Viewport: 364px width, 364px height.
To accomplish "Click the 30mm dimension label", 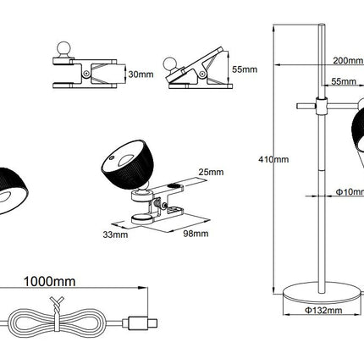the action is click(x=141, y=74).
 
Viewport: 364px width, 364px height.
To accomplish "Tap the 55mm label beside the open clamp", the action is click(x=245, y=69).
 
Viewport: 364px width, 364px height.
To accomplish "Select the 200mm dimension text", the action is click(x=348, y=60).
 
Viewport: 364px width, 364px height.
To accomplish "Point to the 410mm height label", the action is click(x=273, y=159).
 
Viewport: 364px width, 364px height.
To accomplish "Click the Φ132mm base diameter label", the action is click(x=323, y=311).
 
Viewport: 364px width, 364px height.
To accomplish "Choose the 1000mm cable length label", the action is click(x=50, y=282).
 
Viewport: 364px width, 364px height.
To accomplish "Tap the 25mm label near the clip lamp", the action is click(x=211, y=172).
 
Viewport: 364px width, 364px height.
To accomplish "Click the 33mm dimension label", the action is click(x=115, y=234).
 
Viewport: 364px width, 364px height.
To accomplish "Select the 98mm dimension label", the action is click(x=196, y=234).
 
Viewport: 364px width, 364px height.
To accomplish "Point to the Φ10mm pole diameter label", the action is click(x=350, y=192).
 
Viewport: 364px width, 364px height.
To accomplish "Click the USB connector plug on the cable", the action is click(x=140, y=323).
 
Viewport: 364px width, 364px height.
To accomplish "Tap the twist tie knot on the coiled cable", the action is click(x=57, y=306).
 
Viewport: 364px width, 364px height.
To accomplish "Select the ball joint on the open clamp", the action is click(x=170, y=64).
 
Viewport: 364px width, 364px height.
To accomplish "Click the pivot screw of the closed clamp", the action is click(x=86, y=74).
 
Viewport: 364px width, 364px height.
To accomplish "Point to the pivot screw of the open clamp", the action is click(x=201, y=74).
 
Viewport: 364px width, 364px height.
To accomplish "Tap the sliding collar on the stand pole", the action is click(x=322, y=106).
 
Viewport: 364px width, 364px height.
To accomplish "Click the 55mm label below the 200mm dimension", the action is click(x=344, y=81).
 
